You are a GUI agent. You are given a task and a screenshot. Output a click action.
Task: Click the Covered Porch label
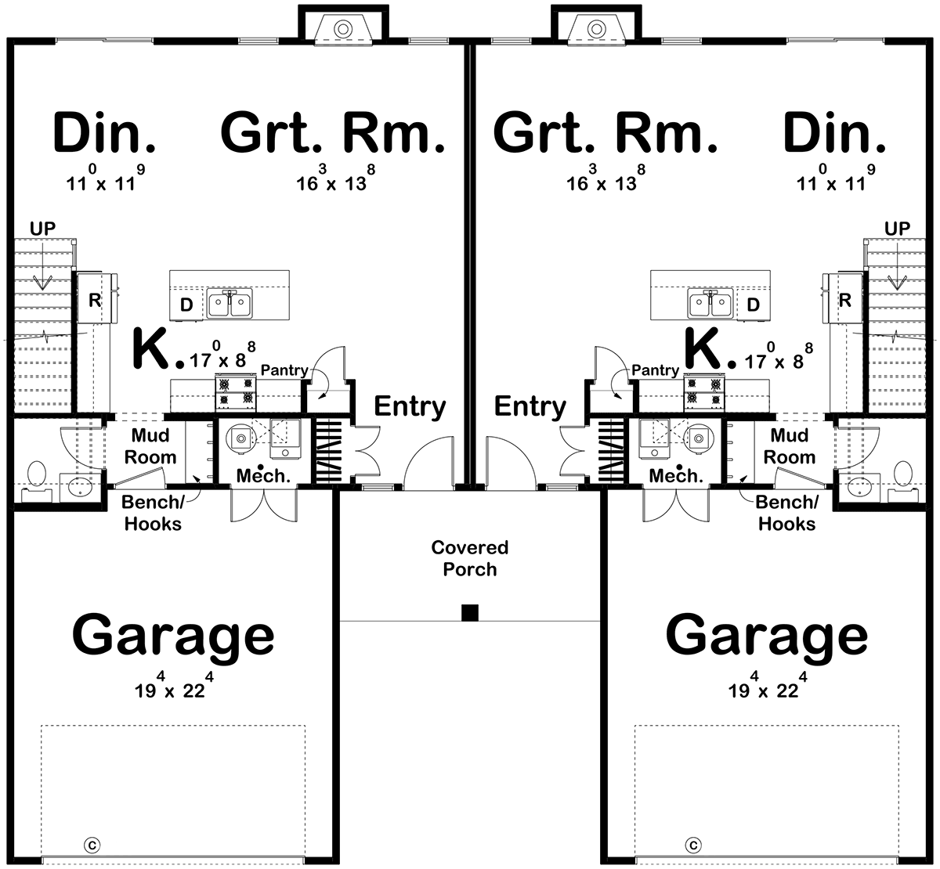[469, 558]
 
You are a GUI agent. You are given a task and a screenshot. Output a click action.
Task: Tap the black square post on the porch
[469, 612]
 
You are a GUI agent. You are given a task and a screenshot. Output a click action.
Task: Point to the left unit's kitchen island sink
[230, 304]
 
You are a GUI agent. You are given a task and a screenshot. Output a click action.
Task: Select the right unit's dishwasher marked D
[753, 305]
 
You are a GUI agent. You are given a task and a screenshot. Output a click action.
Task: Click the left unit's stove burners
[236, 392]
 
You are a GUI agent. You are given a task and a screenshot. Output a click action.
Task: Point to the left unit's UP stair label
[42, 229]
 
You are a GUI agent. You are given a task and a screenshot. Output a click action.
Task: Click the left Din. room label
[104, 132]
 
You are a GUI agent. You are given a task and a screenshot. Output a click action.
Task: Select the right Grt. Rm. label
[606, 132]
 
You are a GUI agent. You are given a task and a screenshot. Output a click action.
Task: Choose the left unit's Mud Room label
[150, 446]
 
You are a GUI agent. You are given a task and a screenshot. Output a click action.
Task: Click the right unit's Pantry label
[655, 370]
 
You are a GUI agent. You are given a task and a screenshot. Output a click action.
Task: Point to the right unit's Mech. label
[675, 475]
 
